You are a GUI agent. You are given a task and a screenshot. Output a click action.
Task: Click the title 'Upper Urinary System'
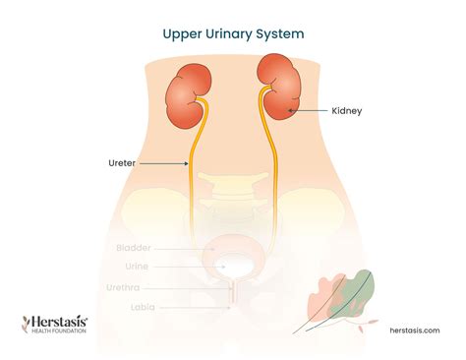coord(233,32)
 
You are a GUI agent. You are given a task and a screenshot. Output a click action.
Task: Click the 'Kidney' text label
coord(347,111)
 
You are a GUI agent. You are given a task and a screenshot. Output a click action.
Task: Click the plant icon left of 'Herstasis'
coord(28,324)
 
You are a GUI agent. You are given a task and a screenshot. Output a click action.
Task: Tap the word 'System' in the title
coord(283,32)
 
